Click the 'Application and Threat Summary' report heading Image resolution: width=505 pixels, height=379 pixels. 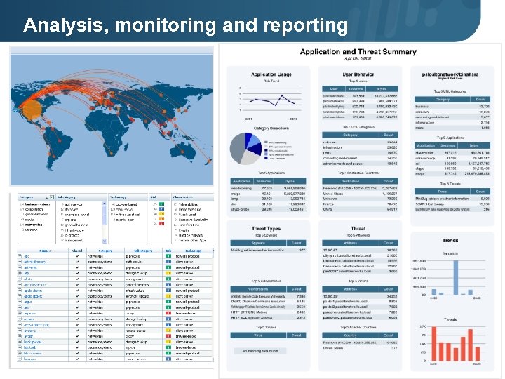point(358,52)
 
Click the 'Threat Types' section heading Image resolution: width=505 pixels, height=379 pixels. point(266,228)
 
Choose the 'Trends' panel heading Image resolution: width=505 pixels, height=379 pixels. point(450,240)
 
